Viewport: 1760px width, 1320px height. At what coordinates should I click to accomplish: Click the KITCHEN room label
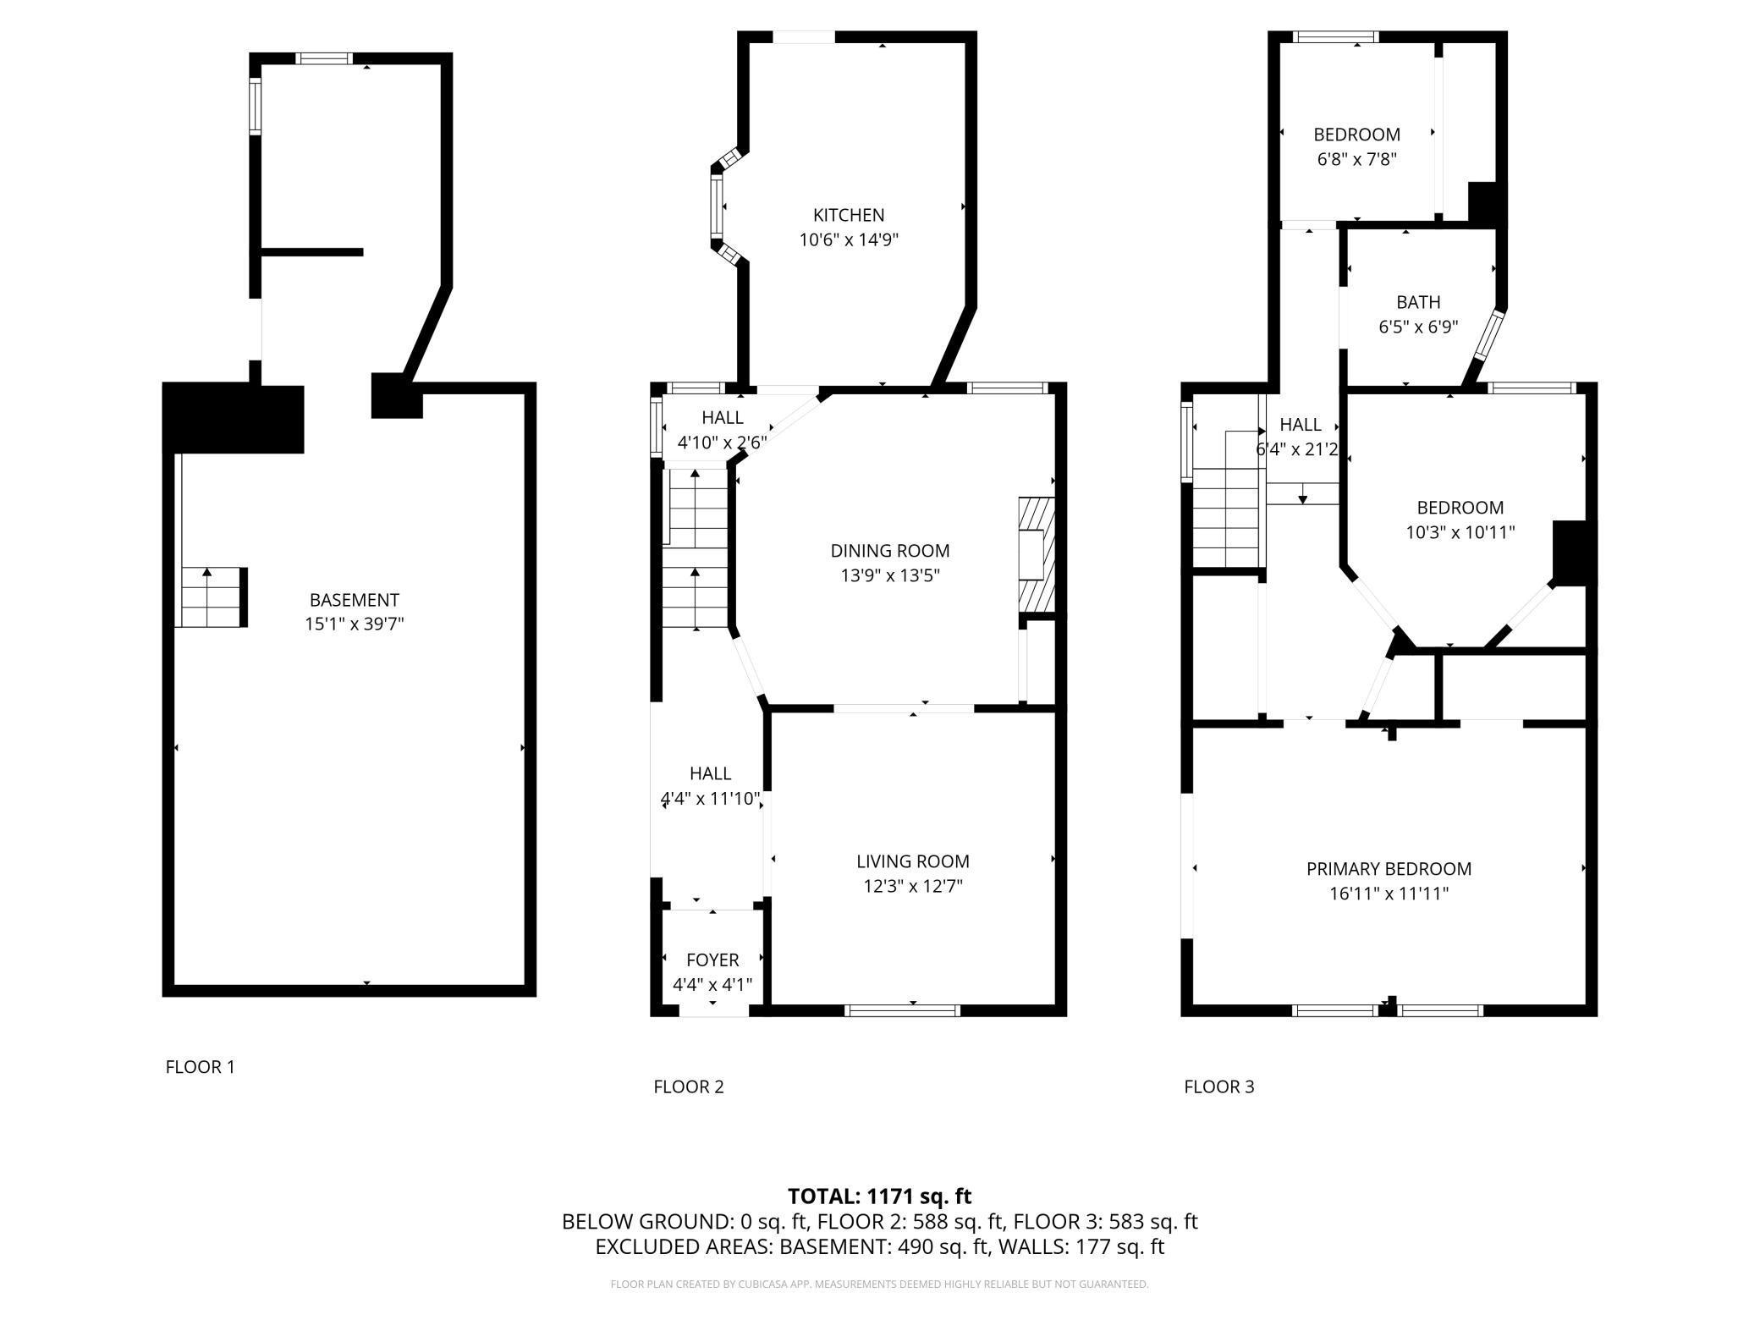click(x=849, y=215)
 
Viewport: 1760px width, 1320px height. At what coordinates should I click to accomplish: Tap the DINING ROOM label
click(x=890, y=551)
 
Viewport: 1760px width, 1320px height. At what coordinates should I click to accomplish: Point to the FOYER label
click(x=712, y=960)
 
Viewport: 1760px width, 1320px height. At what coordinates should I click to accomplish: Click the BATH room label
click(x=1418, y=302)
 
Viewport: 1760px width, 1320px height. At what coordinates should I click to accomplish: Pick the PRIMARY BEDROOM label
click(x=1389, y=869)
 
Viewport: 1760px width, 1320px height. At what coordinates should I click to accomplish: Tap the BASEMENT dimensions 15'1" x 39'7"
click(x=355, y=624)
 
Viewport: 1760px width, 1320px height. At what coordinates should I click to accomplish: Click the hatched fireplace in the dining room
click(x=1037, y=554)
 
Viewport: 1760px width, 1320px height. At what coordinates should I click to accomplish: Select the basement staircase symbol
click(x=212, y=597)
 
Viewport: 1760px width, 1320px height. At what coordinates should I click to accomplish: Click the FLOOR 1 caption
click(x=201, y=1067)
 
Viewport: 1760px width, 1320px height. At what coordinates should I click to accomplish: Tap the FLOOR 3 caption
click(x=1219, y=1086)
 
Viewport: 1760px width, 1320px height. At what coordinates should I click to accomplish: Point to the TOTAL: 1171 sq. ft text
click(x=879, y=1196)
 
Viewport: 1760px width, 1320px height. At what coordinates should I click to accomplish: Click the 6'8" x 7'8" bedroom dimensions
click(x=1356, y=158)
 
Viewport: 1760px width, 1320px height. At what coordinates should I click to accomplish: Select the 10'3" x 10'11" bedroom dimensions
click(x=1460, y=532)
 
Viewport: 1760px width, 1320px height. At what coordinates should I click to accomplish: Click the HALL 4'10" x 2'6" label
click(x=723, y=429)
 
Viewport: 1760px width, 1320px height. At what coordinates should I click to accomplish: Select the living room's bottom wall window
click(x=904, y=1010)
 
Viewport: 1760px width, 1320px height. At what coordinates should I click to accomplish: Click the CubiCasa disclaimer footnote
click(x=879, y=1284)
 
